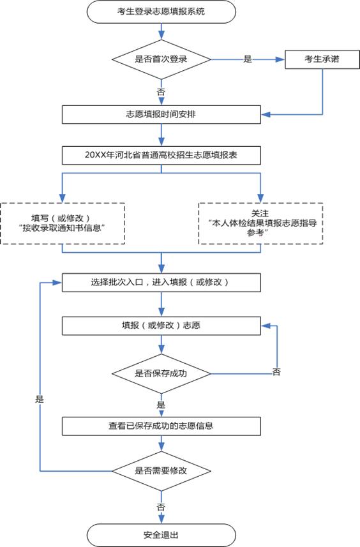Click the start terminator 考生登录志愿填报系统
point(161,12)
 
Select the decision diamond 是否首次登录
point(161,59)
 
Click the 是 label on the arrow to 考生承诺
point(248,59)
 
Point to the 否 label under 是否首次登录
point(161,92)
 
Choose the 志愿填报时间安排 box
point(161,115)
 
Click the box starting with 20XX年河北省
point(161,155)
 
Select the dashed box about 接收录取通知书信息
point(63,223)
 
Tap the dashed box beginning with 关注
point(260,223)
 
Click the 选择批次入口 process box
point(161,282)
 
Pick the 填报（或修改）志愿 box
point(161,325)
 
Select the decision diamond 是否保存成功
point(161,373)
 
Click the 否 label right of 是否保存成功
point(276,372)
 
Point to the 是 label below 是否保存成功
point(161,405)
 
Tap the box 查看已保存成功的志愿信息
point(161,424)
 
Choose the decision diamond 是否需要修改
point(161,471)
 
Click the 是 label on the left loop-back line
point(40,398)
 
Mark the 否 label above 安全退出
point(161,506)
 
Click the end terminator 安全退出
point(161,534)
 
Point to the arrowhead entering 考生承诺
point(281,59)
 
